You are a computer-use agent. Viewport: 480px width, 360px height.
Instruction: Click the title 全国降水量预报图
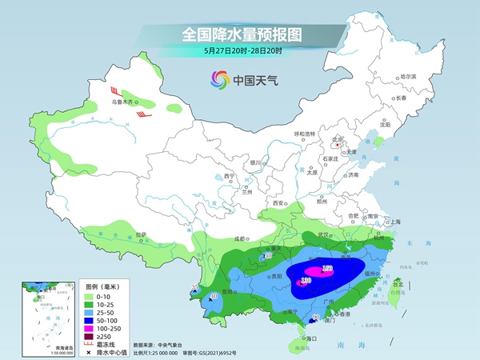point(239,34)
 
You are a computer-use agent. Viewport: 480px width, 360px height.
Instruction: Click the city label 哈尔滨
point(408,75)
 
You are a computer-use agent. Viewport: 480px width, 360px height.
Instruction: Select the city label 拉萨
point(141,234)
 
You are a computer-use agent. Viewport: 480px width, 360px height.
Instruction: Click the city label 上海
point(394,222)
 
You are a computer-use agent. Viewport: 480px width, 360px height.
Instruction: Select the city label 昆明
point(229,291)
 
